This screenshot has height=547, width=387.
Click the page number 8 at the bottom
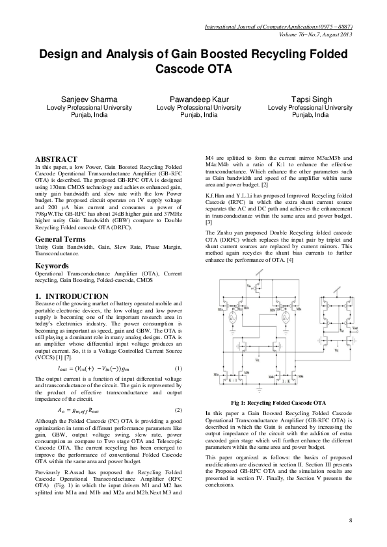350,521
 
